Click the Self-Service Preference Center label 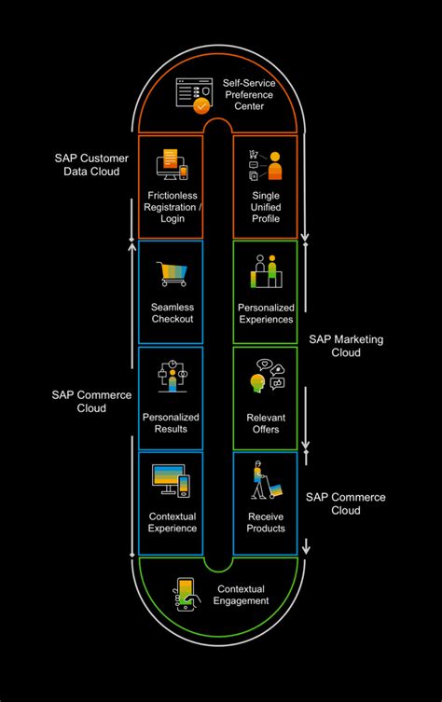pyautogui.click(x=248, y=94)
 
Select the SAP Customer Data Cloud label pyautogui.click(x=91, y=165)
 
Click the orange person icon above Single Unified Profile pyautogui.click(x=274, y=166)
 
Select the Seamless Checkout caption pyautogui.click(x=172, y=313)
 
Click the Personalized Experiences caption pyautogui.click(x=266, y=313)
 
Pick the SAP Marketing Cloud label pyautogui.click(x=346, y=345)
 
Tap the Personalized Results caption pyautogui.click(x=171, y=422)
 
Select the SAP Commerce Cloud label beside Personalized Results pyautogui.click(x=91, y=401)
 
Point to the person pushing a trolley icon pyautogui.click(x=264, y=483)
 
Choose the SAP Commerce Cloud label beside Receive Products pyautogui.click(x=346, y=503)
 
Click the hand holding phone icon pyautogui.click(x=186, y=595)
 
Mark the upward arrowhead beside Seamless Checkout pyautogui.click(x=131, y=247)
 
